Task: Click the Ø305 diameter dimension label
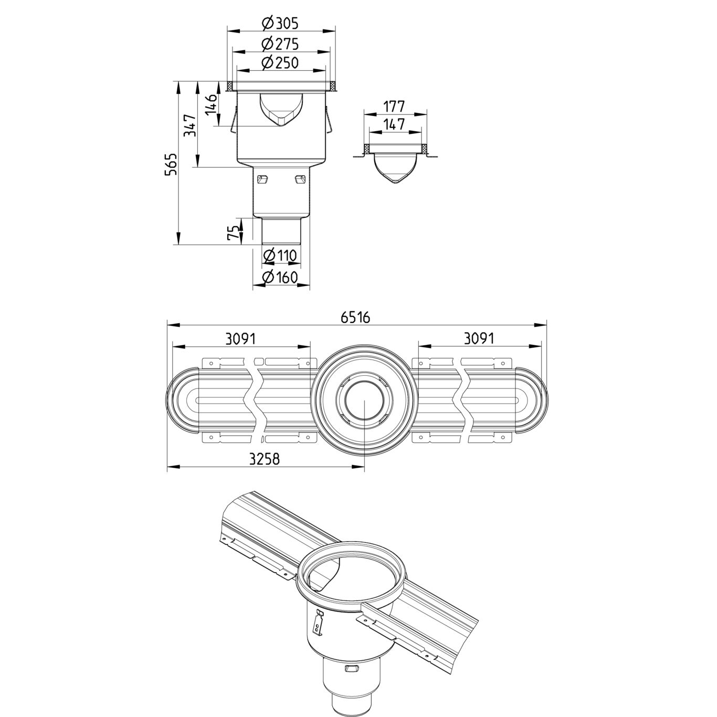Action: [x=280, y=24]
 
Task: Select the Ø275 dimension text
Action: [x=280, y=44]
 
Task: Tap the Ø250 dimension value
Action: [x=280, y=62]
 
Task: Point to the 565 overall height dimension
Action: [x=170, y=164]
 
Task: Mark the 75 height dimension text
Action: [x=233, y=233]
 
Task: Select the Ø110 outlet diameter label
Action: [x=280, y=255]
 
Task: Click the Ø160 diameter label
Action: [x=280, y=277]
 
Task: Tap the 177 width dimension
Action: [x=394, y=107]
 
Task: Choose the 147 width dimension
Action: [x=394, y=124]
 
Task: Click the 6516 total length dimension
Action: [x=356, y=318]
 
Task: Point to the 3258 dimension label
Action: [x=264, y=459]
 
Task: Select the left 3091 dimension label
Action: [x=241, y=339]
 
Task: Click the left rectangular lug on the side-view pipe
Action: [x=262, y=180]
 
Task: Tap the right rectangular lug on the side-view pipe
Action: [x=300, y=180]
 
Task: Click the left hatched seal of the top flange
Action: [x=231, y=86]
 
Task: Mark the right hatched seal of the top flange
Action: [x=332, y=86]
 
